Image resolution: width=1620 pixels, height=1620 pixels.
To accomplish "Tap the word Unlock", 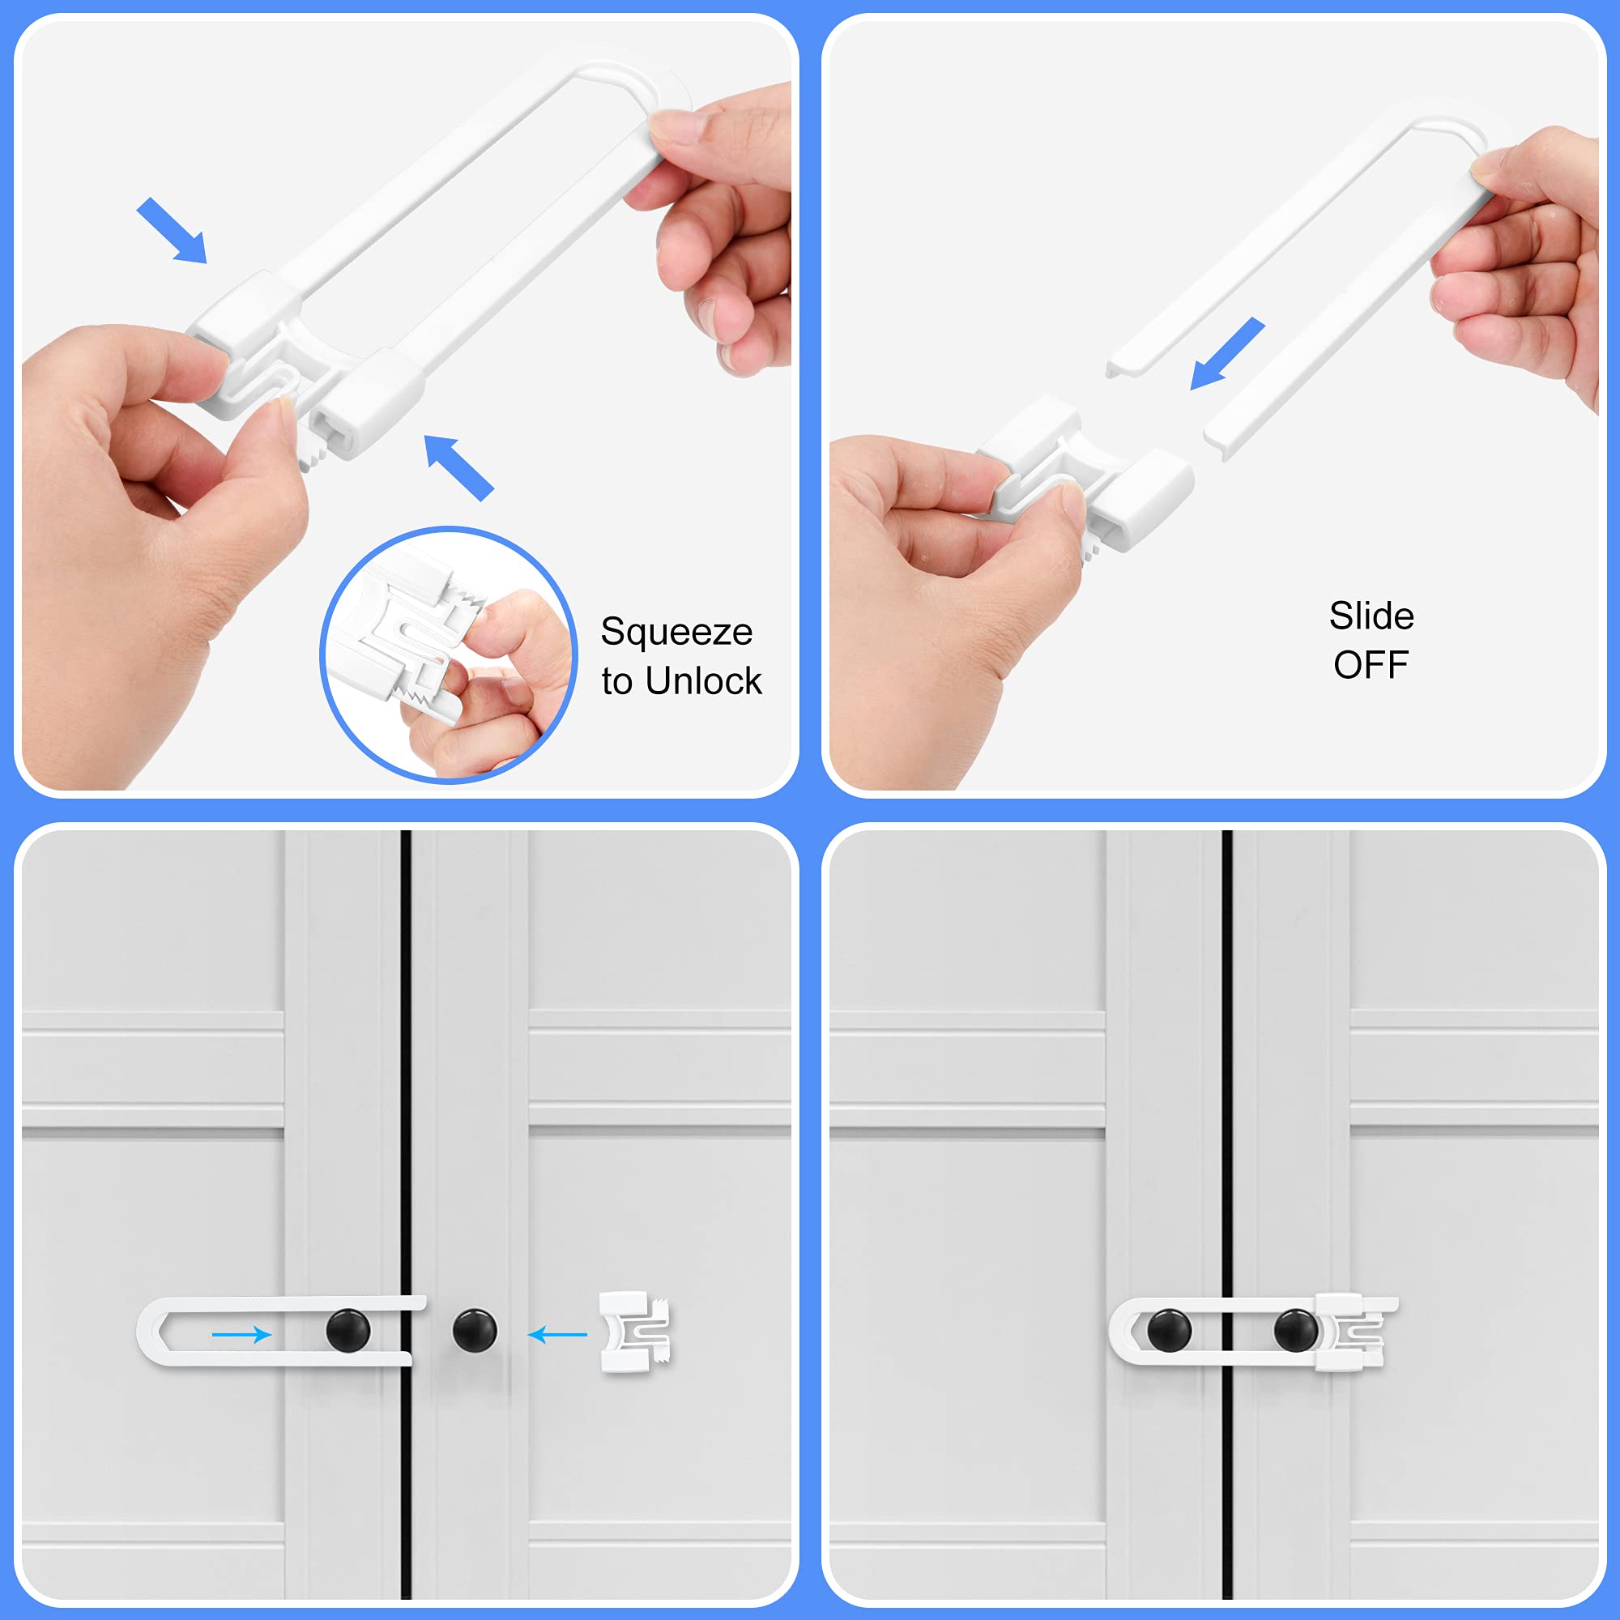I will [x=702, y=682].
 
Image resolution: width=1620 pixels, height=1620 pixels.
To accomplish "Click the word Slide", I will [x=1371, y=616].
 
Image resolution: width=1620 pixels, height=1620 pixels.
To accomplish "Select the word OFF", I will [x=1371, y=666].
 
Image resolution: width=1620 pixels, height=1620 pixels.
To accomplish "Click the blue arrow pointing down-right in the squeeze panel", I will [x=172, y=231].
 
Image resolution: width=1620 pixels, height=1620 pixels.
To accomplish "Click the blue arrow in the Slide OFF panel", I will [x=1226, y=353].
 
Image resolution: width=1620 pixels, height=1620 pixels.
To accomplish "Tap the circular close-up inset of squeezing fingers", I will [x=449, y=654].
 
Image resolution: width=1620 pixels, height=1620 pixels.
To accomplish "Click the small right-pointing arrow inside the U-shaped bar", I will [x=241, y=1334].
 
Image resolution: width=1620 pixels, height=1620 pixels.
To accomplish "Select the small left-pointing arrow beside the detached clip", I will [x=557, y=1334].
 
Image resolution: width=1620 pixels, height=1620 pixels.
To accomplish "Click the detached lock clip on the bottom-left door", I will [x=635, y=1332].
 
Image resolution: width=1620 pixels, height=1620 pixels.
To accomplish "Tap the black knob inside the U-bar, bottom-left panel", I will [x=347, y=1331].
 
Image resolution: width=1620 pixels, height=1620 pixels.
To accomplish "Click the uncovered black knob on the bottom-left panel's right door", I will [x=475, y=1331].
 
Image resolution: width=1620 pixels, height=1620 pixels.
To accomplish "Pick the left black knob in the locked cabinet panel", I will [x=1169, y=1330].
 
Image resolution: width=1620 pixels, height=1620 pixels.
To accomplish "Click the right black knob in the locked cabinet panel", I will [x=1295, y=1330].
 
